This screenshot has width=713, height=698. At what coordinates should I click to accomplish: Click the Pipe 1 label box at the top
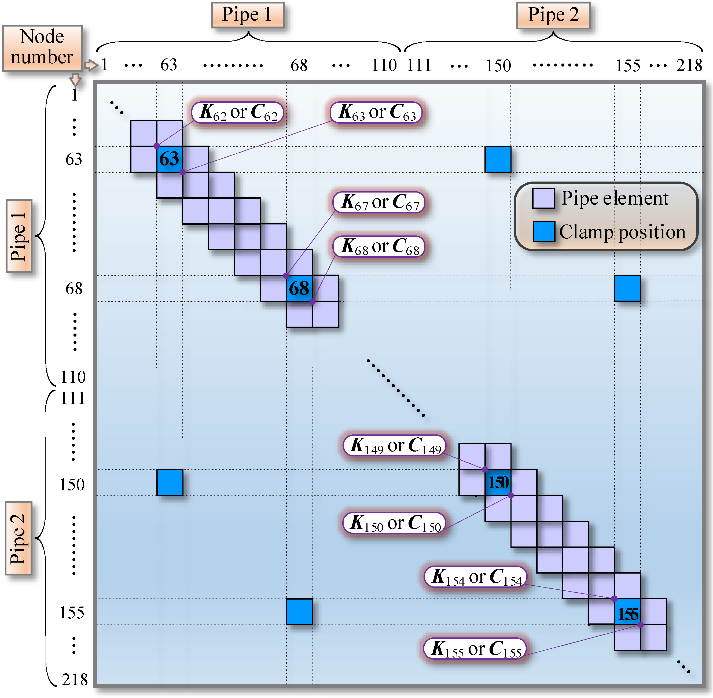[x=248, y=15]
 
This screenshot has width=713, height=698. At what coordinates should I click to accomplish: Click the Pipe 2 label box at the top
[x=553, y=15]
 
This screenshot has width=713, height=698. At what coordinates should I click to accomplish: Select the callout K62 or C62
[x=238, y=112]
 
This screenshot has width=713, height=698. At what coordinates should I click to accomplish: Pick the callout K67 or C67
[x=379, y=202]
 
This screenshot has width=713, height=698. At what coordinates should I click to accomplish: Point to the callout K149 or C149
[x=395, y=446]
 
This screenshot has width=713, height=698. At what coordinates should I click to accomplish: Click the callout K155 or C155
[x=475, y=648]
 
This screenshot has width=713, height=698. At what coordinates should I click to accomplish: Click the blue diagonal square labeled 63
[x=170, y=159]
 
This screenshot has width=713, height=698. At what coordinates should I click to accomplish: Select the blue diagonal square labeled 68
[x=299, y=288]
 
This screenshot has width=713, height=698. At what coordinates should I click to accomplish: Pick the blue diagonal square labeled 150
[x=498, y=482]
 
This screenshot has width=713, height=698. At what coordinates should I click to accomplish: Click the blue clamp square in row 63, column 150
[x=498, y=159]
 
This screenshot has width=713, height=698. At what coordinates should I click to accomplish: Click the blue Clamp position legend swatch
[x=543, y=231]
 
